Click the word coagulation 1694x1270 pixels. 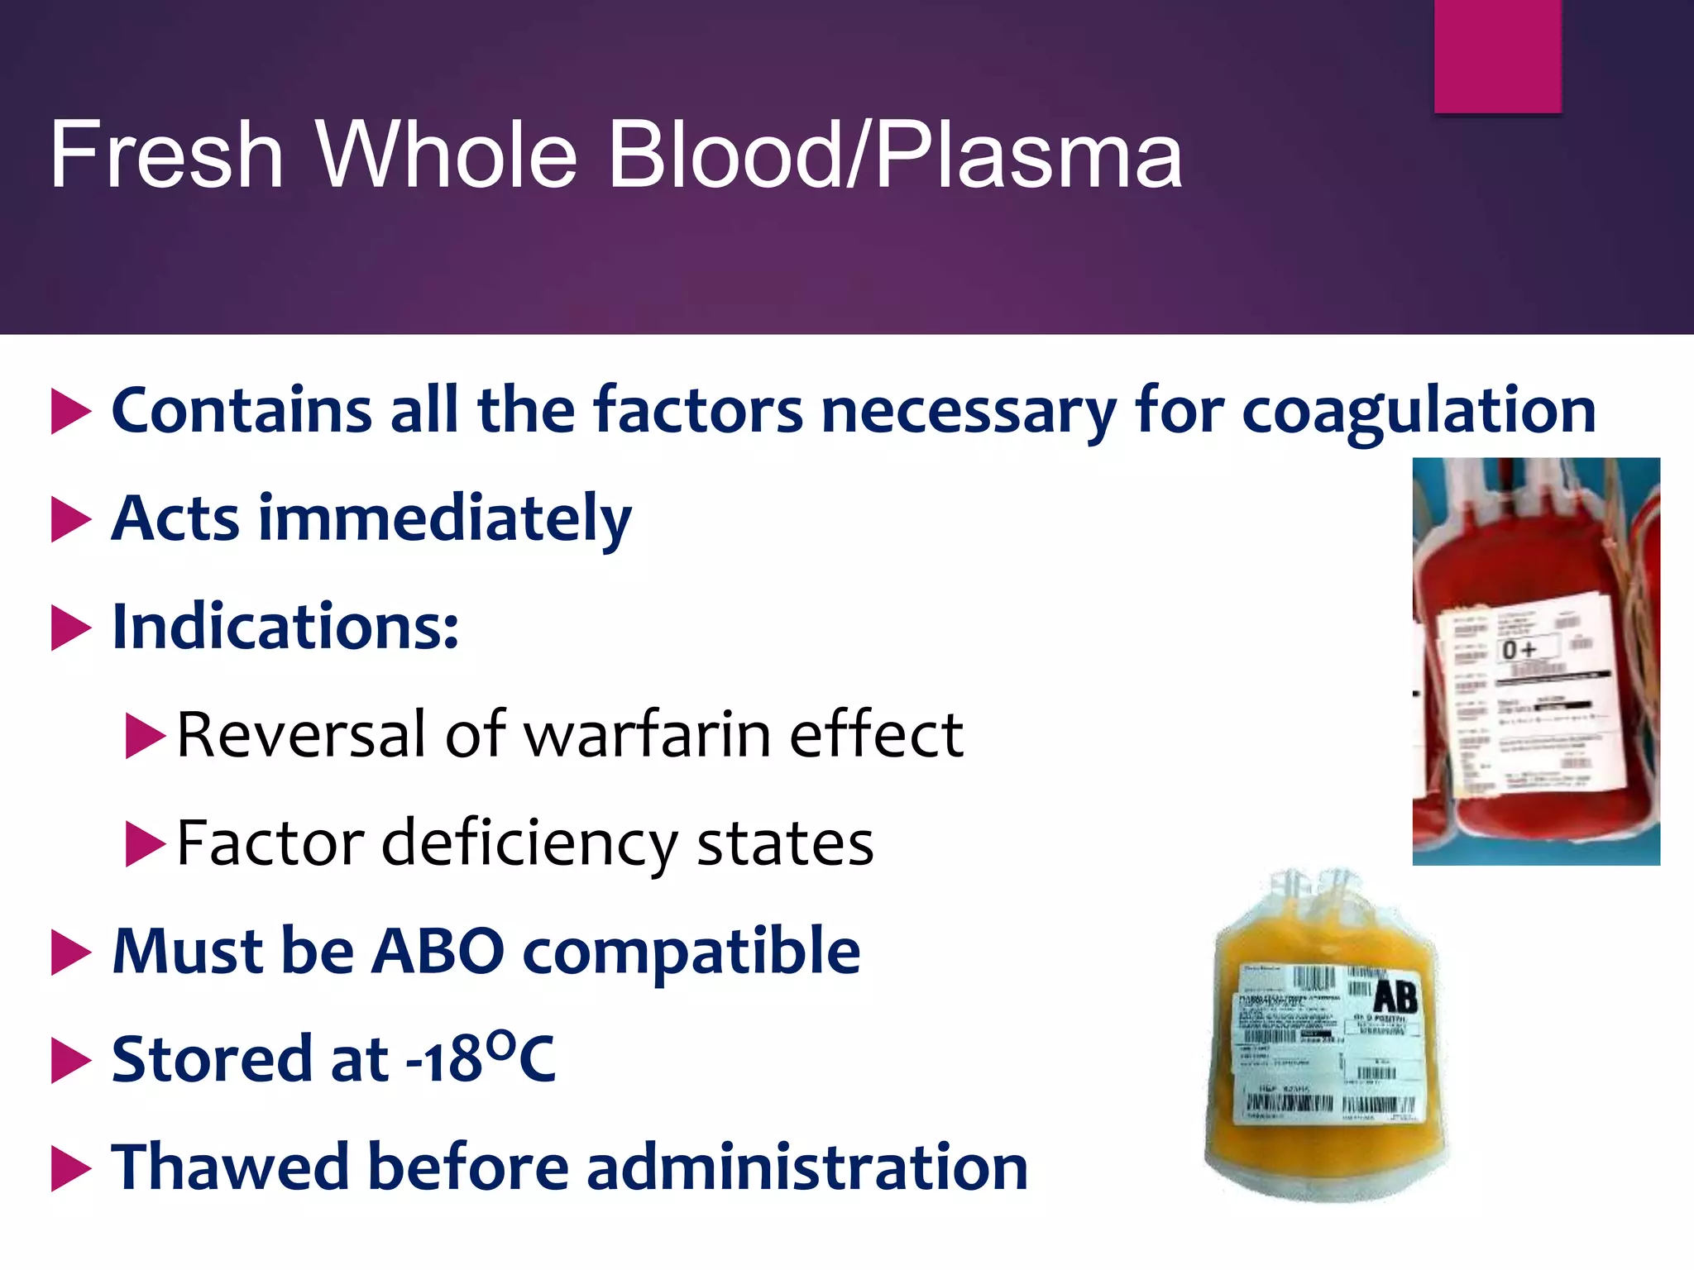pyautogui.click(x=1419, y=410)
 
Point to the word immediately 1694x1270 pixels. pyautogui.click(x=445, y=519)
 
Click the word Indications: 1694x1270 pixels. pyautogui.click(x=285, y=627)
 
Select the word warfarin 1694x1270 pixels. pyautogui.click(x=648, y=734)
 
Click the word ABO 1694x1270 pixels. pyautogui.click(x=438, y=951)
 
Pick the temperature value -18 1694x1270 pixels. pyautogui.click(x=444, y=1060)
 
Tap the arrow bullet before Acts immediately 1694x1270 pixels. pyautogui.click(x=71, y=519)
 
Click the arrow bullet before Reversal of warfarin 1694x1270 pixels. pyautogui.click(x=146, y=735)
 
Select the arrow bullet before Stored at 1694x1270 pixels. pyautogui.click(x=71, y=1060)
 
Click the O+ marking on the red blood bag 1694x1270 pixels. pyautogui.click(x=1519, y=650)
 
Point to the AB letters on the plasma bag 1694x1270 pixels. pyautogui.click(x=1395, y=997)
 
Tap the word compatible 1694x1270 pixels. pyautogui.click(x=691, y=951)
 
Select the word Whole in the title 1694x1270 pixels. pyautogui.click(x=447, y=155)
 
